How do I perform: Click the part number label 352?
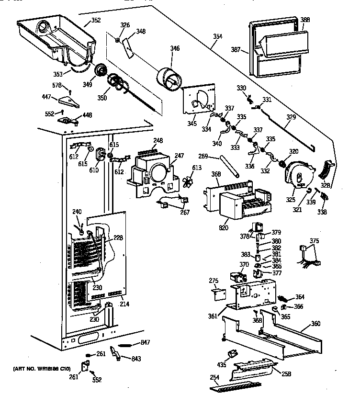(x=96, y=21)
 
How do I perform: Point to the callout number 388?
(x=305, y=20)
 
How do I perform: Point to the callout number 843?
(x=136, y=360)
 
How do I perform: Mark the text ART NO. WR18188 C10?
(x=42, y=369)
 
